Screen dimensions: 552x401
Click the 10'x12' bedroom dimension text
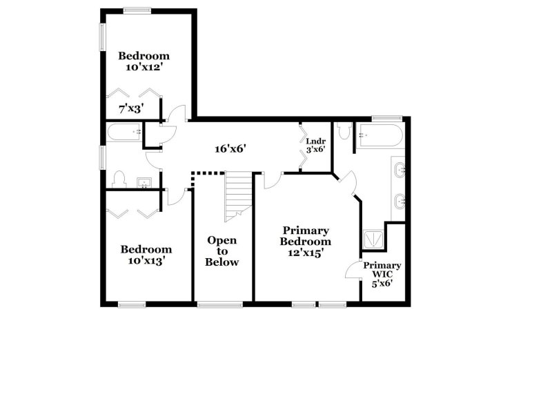tap(144, 67)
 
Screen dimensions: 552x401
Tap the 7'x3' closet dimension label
tap(131, 109)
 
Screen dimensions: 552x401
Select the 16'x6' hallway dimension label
tap(230, 149)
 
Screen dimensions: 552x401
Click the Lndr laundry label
tap(315, 141)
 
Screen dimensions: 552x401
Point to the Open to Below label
tap(221, 251)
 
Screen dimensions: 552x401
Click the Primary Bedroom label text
tap(305, 236)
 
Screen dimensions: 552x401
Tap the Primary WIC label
tap(382, 269)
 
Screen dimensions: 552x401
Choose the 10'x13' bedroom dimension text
tap(146, 261)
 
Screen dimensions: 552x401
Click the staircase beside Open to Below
tap(238, 196)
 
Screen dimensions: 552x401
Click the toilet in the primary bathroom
tap(343, 130)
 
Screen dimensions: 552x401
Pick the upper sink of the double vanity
tap(400, 170)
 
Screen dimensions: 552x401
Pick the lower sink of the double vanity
tap(400, 202)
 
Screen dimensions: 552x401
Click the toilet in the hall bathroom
tap(119, 179)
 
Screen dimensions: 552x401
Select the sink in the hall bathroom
tap(144, 183)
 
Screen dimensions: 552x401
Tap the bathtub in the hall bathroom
tap(124, 132)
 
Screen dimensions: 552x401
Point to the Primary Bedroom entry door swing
tap(273, 181)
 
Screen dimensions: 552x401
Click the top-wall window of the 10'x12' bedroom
tap(137, 11)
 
